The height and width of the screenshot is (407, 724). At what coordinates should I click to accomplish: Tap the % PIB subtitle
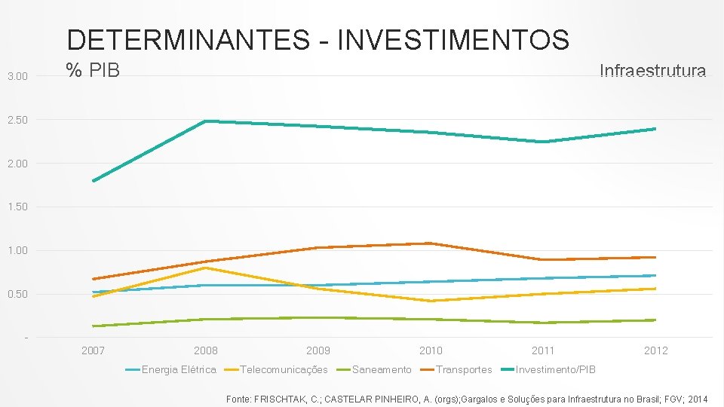click(93, 71)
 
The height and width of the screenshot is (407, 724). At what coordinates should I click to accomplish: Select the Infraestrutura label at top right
click(652, 71)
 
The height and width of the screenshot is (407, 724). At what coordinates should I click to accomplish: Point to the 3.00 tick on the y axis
click(17, 76)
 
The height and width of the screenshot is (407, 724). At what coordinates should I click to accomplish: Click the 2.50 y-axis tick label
click(17, 120)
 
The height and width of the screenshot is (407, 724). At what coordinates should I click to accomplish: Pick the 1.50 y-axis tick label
click(17, 207)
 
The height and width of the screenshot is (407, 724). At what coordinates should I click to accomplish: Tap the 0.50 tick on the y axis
click(17, 294)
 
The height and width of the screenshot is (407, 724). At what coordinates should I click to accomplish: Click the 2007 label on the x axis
click(93, 350)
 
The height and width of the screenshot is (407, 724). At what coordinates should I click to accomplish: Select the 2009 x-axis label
click(318, 350)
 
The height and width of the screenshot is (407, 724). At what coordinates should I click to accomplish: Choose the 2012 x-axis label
click(655, 350)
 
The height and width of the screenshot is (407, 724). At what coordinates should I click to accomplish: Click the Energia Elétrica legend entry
click(178, 369)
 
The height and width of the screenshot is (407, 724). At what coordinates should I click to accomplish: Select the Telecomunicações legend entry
click(284, 369)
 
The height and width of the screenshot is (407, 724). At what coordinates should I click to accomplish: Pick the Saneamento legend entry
click(382, 369)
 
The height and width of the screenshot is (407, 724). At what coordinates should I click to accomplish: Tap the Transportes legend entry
click(463, 369)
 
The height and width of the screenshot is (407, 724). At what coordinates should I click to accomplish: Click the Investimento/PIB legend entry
click(555, 369)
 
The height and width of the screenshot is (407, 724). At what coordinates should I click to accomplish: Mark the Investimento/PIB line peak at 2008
click(206, 121)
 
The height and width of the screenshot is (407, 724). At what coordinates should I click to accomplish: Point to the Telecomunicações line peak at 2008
click(206, 268)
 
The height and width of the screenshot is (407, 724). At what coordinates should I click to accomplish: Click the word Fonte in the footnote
click(240, 398)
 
